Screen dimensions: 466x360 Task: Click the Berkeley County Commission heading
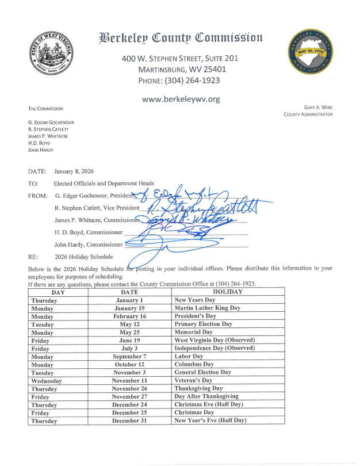181,39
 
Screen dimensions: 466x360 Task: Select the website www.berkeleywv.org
181,99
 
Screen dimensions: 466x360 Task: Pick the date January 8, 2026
74,171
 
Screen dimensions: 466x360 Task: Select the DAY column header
58,292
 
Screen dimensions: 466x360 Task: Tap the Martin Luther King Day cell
207,308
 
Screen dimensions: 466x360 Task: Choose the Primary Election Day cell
203,324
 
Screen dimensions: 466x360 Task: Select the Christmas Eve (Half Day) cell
209,404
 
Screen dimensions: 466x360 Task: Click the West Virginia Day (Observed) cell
214,340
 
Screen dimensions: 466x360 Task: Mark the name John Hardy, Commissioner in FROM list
89,245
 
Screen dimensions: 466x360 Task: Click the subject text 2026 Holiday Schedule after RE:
84,257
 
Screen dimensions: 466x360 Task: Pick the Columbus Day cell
194,364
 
